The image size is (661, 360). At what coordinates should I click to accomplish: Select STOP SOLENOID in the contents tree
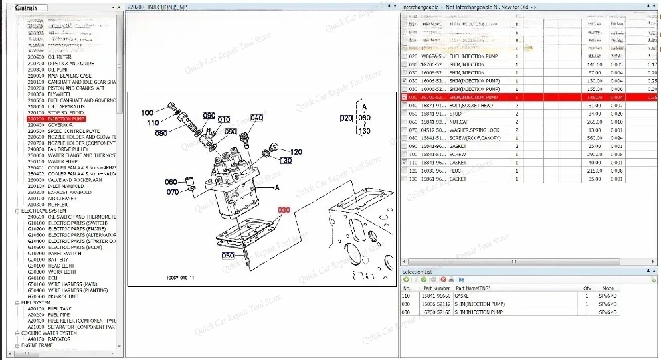click(65, 113)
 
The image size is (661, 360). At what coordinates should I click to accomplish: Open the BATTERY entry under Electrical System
click(58, 260)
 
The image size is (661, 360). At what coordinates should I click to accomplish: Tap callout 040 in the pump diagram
click(256, 118)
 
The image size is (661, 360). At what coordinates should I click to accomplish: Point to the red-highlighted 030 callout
click(284, 210)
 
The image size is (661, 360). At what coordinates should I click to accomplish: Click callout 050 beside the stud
click(228, 255)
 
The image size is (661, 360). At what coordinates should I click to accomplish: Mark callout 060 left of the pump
click(171, 182)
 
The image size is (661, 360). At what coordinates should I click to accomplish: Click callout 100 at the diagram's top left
click(147, 113)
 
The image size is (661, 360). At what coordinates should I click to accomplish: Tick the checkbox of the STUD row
click(405, 114)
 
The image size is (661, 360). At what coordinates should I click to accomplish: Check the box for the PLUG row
click(405, 171)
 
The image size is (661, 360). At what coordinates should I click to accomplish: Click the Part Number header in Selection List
click(436, 288)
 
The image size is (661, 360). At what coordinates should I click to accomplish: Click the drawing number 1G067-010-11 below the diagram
click(181, 278)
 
